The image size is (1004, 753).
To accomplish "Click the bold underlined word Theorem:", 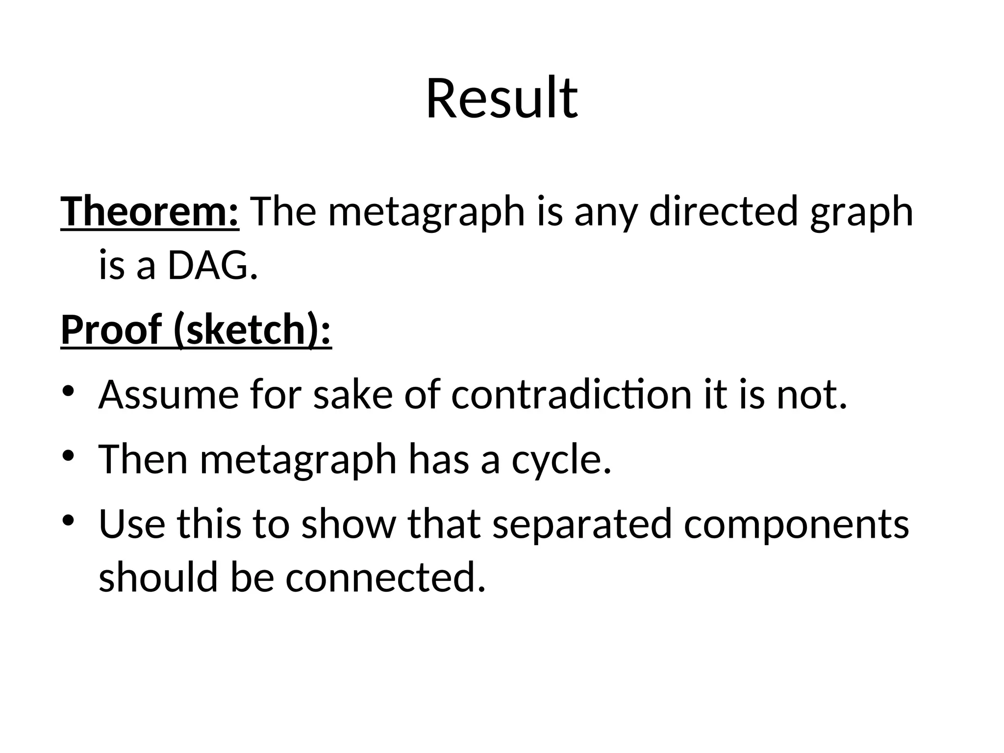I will click(x=150, y=212).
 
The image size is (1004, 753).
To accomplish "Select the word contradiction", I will click(x=572, y=394).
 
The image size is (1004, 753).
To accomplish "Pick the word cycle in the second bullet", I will click(x=561, y=459).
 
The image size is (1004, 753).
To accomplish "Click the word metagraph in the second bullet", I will click(x=298, y=459).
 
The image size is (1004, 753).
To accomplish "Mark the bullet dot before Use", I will click(x=68, y=520).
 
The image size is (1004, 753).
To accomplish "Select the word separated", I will click(x=581, y=524).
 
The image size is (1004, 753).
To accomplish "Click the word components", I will click(x=796, y=524).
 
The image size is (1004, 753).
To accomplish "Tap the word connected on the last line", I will click(x=385, y=577).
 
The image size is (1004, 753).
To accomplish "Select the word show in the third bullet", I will click(x=348, y=524).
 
